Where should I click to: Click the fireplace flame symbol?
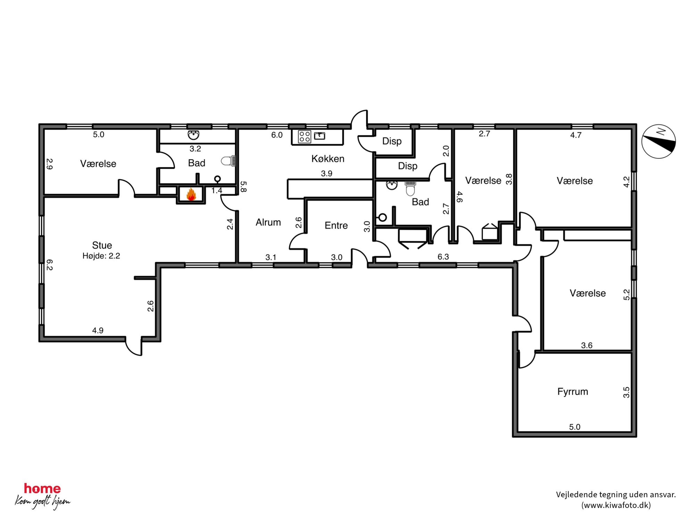[191, 194]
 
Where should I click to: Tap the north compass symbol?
[658, 141]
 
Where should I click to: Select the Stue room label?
[102, 245]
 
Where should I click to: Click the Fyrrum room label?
[573, 392]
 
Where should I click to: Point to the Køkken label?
[328, 159]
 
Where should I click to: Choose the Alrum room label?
[268, 222]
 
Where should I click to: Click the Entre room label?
[336, 225]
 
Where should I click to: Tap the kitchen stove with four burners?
[304, 137]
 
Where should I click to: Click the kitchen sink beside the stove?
[319, 136]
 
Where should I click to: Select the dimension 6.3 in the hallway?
[443, 257]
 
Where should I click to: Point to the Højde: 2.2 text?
[101, 256]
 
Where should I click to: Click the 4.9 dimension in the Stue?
[98, 330]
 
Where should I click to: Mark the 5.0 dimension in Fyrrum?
[575, 427]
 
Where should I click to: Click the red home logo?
[42, 489]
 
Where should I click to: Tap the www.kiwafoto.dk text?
[616, 505]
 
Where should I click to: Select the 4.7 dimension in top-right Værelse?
[576, 135]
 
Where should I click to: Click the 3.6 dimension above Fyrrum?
[587, 345]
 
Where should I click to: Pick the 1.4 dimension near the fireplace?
[217, 190]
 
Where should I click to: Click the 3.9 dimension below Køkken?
[326, 173]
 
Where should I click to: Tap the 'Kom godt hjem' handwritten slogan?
[42, 502]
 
